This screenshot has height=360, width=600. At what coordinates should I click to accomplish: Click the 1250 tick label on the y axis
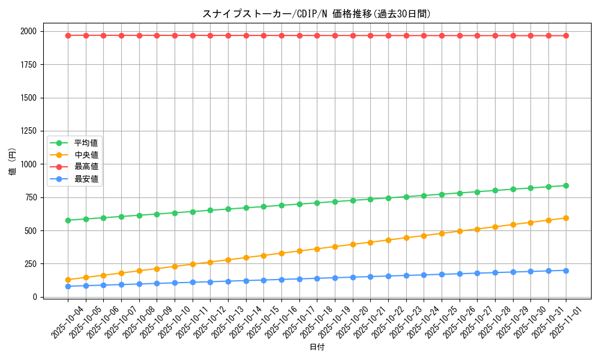[x=28, y=131]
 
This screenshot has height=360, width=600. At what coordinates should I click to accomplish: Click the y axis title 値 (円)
[x=12, y=164]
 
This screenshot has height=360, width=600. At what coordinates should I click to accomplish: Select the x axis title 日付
[x=317, y=347]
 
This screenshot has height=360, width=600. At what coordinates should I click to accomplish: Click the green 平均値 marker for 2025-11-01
[x=566, y=185]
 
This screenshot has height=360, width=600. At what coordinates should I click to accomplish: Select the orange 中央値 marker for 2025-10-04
[x=68, y=280]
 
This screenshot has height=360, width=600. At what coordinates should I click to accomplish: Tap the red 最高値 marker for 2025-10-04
[x=68, y=35]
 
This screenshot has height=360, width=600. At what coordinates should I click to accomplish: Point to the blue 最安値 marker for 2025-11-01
[x=566, y=271]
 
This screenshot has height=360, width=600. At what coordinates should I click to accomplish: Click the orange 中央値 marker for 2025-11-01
[x=566, y=218]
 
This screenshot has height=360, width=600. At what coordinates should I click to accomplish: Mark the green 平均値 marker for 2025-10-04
[x=68, y=220]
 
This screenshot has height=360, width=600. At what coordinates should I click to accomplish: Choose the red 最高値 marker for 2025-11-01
[x=566, y=35]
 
